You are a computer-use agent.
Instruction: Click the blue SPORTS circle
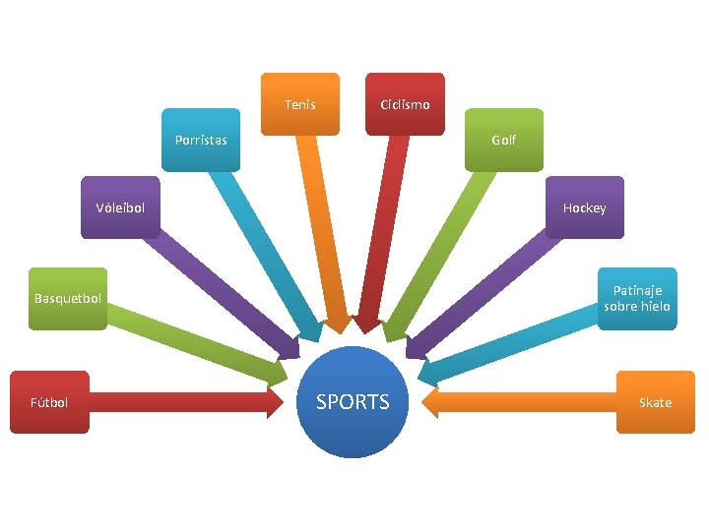pos(354,401)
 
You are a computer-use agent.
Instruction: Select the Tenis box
pos(300,103)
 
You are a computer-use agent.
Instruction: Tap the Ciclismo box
pos(405,103)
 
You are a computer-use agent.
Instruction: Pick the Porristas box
pos(201,140)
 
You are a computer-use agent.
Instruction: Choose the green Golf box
pos(503,140)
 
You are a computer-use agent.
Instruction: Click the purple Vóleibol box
pos(120,207)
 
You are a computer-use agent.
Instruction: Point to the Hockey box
pos(585,207)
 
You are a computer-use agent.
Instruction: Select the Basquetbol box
pos(68,298)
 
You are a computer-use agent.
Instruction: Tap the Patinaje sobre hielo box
pos(638,298)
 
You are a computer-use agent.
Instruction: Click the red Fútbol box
pos(49,401)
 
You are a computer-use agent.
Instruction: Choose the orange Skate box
pos(655,401)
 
